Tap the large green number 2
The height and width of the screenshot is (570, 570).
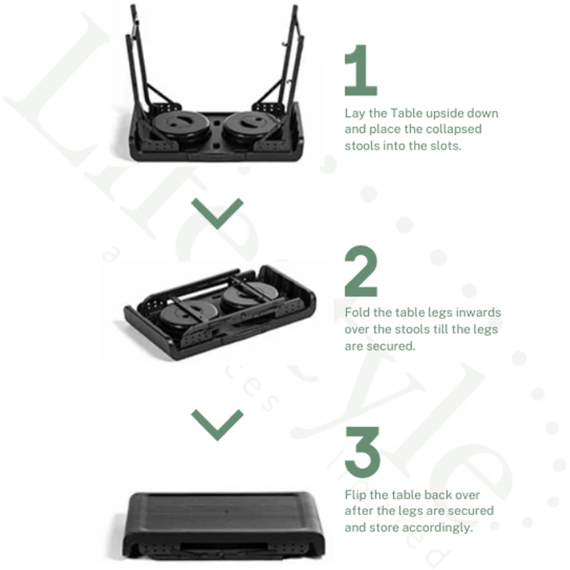[x=361, y=271]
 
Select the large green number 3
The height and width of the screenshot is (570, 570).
[x=363, y=452]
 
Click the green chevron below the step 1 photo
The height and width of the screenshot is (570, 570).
[x=217, y=214]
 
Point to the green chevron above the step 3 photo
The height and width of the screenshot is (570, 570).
[x=217, y=425]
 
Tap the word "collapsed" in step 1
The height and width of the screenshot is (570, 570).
[x=454, y=129]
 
